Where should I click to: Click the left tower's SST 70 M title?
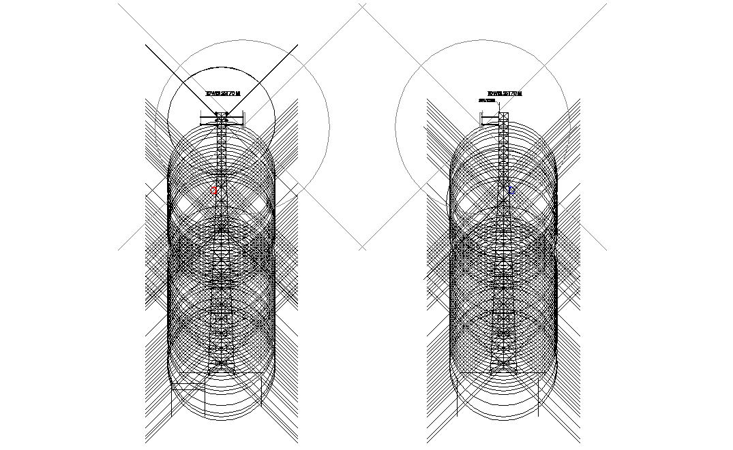pos(223,93)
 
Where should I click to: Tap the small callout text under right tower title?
pos(487,100)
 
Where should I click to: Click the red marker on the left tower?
pos(215,191)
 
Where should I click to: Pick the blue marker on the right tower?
pos(511,191)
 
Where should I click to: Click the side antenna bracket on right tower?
pos(490,120)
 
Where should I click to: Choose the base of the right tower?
pos(505,368)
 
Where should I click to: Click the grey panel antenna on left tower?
pos(243,120)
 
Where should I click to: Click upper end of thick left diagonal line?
pos(146,46)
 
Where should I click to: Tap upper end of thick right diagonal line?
pos(297,46)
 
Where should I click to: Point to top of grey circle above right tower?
pos(481,39)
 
